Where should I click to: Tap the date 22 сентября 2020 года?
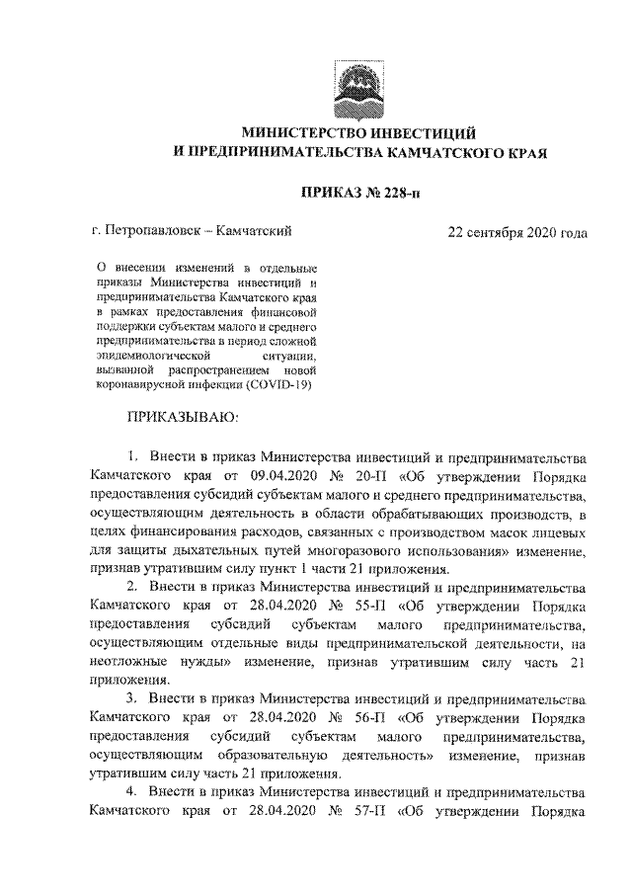point(517,232)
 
